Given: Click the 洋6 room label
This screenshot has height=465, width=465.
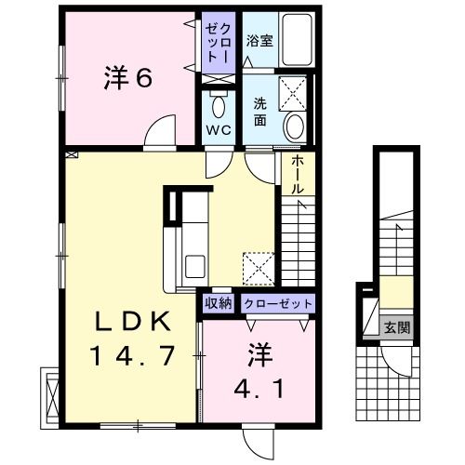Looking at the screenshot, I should (x=127, y=78).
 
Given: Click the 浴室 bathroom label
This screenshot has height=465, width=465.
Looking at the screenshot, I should (x=259, y=41).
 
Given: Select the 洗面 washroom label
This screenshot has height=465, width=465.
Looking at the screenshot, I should (x=261, y=111).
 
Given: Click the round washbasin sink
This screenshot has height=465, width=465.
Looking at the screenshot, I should (x=294, y=126).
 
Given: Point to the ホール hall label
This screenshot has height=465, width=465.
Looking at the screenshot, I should (x=297, y=174).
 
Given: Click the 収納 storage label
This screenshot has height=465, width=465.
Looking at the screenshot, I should (x=219, y=303).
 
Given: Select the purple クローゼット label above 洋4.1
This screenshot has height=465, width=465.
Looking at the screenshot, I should (x=277, y=303).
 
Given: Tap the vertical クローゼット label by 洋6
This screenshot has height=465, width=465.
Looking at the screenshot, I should (x=220, y=43).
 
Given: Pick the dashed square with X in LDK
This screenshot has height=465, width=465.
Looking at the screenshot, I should (x=258, y=267).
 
